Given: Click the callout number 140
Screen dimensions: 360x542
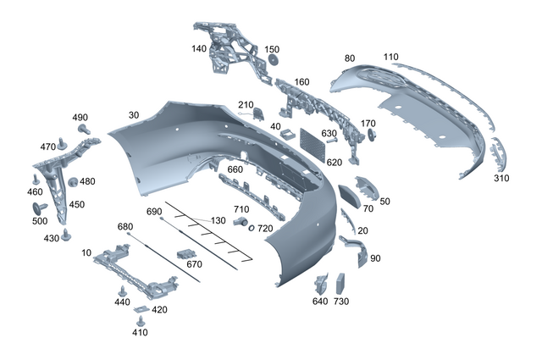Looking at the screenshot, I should click(199, 49).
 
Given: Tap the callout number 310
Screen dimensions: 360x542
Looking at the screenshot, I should click(503, 179).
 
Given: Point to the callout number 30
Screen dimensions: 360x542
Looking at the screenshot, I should click(134, 114).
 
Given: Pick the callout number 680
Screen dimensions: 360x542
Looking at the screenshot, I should click(125, 226).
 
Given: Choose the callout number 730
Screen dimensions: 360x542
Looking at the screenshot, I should click(341, 301).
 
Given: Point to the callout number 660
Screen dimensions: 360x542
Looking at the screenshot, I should click(235, 169).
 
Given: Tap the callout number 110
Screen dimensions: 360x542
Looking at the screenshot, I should click(390, 57).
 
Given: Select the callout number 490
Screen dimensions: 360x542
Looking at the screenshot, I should click(80, 117).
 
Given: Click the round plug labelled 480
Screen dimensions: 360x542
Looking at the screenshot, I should click(73, 182).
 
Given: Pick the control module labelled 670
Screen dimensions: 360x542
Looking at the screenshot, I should click(185, 254).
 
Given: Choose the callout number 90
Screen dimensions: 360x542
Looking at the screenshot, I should click(375, 258).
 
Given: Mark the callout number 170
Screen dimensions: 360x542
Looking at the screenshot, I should click(368, 124).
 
